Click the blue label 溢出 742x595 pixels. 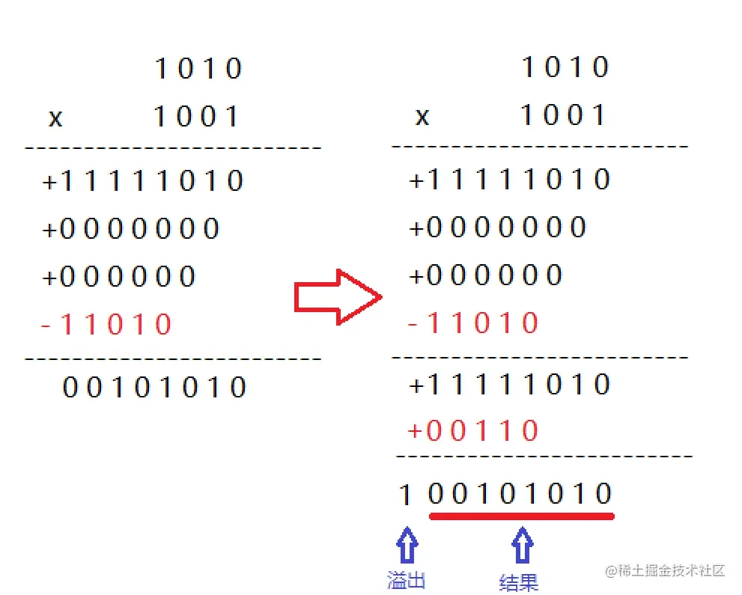click(x=407, y=580)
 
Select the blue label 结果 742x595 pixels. click(x=519, y=582)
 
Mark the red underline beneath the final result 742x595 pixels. click(x=521, y=515)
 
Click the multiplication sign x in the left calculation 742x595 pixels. click(x=55, y=118)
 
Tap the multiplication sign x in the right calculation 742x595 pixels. click(x=422, y=116)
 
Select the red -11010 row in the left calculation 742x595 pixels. click(x=106, y=325)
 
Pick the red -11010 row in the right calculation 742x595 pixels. click(x=473, y=323)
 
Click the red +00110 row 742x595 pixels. click(x=473, y=430)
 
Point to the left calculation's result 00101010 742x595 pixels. click(x=154, y=388)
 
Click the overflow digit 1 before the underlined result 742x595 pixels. click(x=405, y=495)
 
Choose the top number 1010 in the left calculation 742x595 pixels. click(x=198, y=69)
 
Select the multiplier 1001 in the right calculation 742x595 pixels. click(x=564, y=115)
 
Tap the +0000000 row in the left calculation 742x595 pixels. click(x=131, y=228)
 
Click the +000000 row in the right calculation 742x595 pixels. click(x=485, y=275)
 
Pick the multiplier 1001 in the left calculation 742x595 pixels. click(x=197, y=117)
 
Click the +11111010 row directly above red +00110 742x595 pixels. click(x=509, y=385)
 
